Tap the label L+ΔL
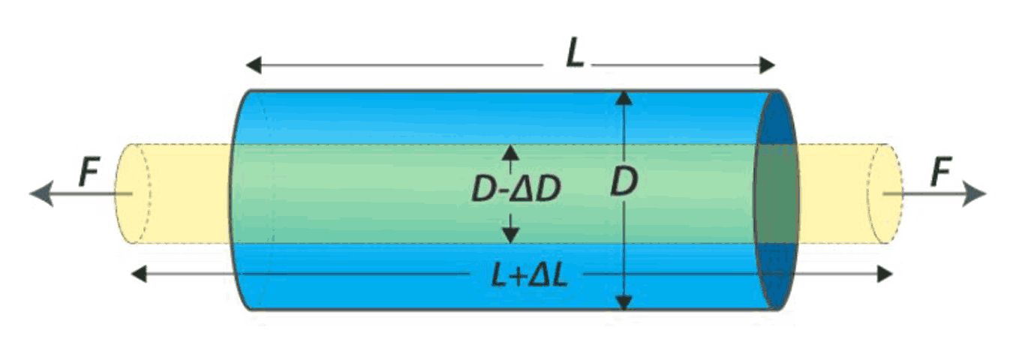(529, 275)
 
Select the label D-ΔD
(516, 189)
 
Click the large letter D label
(624, 181)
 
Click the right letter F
(941, 172)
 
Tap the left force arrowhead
(42, 193)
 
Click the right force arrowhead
(975, 193)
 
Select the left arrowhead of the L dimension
(254, 64)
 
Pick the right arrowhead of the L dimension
(768, 64)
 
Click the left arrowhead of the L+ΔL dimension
(139, 274)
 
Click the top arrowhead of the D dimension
(624, 98)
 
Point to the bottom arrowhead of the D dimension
(624, 302)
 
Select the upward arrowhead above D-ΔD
(510, 153)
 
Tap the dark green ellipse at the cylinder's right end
(776, 194)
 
